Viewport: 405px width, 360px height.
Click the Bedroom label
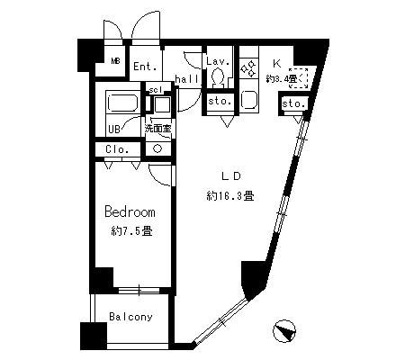tap(130, 211)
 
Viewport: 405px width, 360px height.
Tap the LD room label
tap(231, 176)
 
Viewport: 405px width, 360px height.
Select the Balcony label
tap(130, 317)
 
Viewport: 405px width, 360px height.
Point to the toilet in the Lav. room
tap(218, 76)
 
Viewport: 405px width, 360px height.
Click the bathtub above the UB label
tap(122, 103)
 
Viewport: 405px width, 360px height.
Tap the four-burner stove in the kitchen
tap(248, 67)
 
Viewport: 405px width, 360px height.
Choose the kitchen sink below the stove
tap(249, 100)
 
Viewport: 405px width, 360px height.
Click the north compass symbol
tap(284, 331)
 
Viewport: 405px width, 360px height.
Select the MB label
tap(115, 61)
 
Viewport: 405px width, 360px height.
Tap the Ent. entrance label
tap(145, 67)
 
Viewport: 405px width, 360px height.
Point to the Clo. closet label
tap(117, 149)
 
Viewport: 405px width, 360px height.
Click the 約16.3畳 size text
tap(230, 196)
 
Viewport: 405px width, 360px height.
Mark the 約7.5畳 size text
tap(131, 231)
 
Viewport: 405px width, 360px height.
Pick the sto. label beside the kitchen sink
tap(220, 101)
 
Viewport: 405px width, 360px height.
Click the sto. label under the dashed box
tap(293, 104)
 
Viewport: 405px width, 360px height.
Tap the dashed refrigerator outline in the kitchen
tap(299, 78)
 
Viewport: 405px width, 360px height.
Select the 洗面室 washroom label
tap(158, 129)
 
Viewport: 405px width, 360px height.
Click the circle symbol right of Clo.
tap(157, 148)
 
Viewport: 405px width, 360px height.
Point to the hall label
tap(187, 79)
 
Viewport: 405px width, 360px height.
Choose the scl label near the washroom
tap(156, 90)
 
